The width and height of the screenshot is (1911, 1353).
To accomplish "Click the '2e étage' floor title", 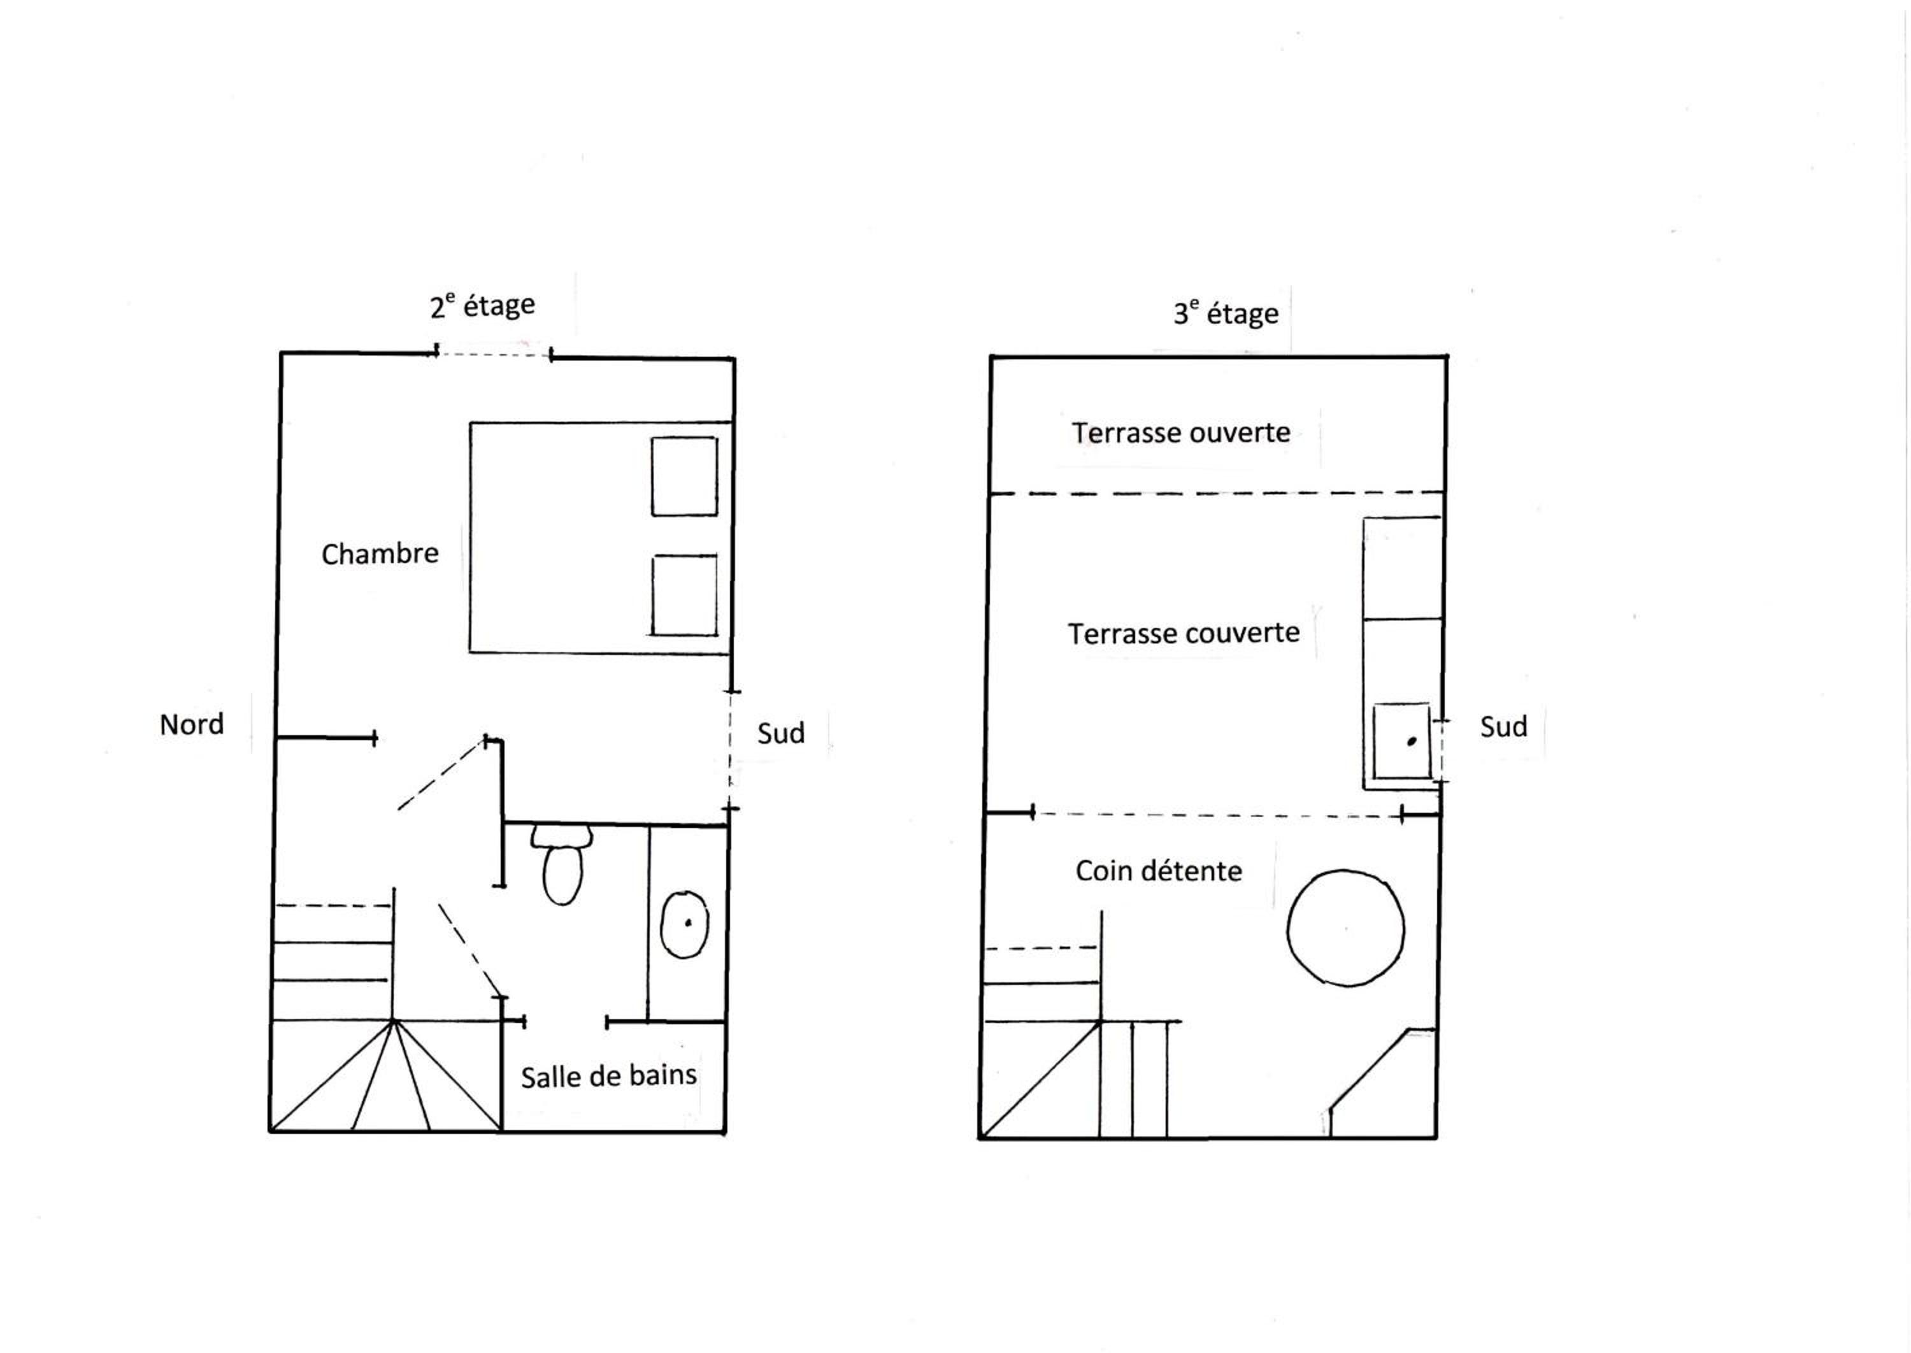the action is click(x=482, y=306).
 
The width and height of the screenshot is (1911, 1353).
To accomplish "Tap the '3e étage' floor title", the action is click(x=1226, y=313).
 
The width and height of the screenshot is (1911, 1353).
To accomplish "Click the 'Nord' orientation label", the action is click(x=192, y=724).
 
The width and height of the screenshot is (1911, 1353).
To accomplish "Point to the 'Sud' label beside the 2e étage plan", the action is click(x=780, y=733).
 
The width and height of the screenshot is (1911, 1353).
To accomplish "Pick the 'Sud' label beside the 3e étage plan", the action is click(x=1504, y=726).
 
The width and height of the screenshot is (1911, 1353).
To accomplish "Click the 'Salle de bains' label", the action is click(x=609, y=1077).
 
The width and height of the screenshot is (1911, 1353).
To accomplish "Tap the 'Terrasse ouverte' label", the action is click(x=1181, y=433).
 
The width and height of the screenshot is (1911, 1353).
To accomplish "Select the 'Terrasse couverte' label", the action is click(x=1184, y=633).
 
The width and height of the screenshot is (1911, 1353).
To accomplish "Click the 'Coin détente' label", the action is click(x=1159, y=871).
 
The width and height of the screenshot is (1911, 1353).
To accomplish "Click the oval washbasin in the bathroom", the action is click(x=685, y=925).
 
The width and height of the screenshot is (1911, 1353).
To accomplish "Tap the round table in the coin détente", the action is click(x=1346, y=928).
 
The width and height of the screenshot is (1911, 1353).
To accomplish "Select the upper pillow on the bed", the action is click(x=684, y=476).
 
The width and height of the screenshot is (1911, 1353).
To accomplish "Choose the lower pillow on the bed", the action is click(x=685, y=596).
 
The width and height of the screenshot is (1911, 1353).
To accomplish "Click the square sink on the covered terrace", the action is click(x=1402, y=741).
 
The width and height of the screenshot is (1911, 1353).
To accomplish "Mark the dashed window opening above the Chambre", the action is click(x=493, y=355).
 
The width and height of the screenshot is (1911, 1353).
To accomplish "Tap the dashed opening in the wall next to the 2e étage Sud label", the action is click(x=731, y=750).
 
